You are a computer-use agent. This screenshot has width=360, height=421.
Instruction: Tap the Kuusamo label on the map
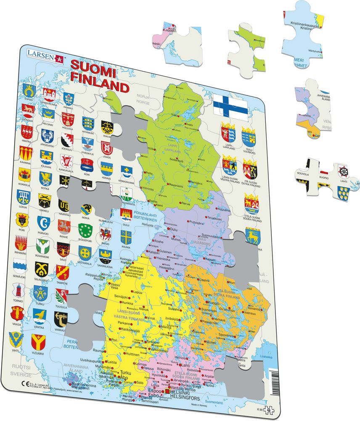click(225, 209)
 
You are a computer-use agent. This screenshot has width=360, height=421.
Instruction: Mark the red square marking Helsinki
click(168, 391)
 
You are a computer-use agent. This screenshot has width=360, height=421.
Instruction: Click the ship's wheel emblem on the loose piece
click(344, 171)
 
